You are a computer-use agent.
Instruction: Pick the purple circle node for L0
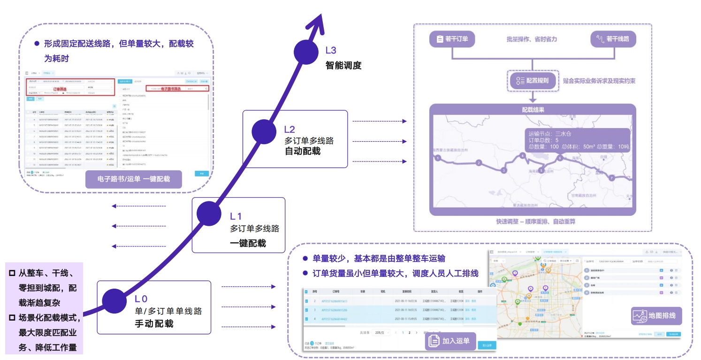pos(114,300)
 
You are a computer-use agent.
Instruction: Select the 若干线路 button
pos(613,39)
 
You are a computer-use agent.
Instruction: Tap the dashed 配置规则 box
pos(533,80)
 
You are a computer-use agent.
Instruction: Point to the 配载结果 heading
pos(533,109)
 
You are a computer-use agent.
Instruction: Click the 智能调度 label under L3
pos(343,65)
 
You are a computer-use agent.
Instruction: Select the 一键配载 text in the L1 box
pos(248,243)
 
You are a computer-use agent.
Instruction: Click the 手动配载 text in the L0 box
pos(154,323)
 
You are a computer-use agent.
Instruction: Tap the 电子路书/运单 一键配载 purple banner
pos(133,179)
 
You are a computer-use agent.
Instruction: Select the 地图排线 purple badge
pos(656,316)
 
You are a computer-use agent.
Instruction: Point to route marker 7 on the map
pos(611,178)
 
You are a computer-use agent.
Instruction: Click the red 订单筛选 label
pos(60,89)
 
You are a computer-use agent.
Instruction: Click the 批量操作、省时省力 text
pos(532,39)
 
